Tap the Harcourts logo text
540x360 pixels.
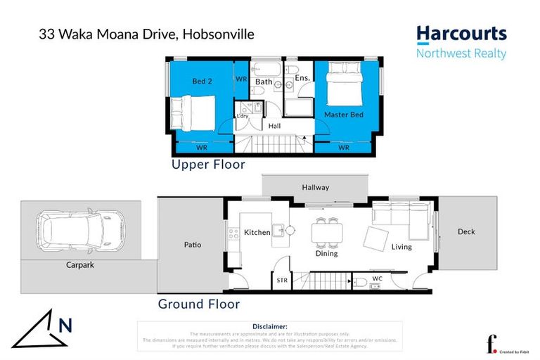pos(461,34)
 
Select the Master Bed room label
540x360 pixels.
pos(343,114)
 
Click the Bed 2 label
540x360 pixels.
pos(202,82)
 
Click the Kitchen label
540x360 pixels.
pos(257,232)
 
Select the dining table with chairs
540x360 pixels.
pos(327,231)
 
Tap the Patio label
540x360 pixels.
pos(193,245)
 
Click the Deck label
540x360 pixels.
pos(466,231)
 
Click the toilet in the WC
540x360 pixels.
pos(359,283)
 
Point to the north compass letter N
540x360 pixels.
pos(65,325)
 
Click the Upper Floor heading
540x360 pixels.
pos(208,165)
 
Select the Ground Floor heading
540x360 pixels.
pos(198,304)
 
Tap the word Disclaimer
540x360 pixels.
pos(269,326)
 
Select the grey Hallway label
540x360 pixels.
pos(315,187)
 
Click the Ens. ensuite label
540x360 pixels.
pos(302,78)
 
